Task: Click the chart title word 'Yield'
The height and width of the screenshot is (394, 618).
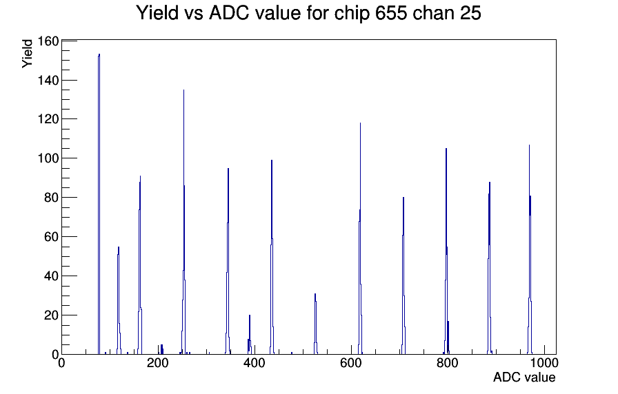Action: click(x=158, y=12)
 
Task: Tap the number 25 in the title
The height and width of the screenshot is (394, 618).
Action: click(x=470, y=12)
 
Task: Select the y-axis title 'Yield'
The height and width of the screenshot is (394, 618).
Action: click(x=27, y=54)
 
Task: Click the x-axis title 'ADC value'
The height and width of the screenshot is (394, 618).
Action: click(x=524, y=377)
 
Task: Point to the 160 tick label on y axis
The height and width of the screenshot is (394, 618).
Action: click(x=48, y=41)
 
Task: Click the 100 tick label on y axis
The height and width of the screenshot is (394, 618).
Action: click(x=48, y=158)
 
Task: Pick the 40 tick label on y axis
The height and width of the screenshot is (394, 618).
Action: click(x=51, y=276)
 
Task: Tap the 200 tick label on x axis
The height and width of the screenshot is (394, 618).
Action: click(x=158, y=362)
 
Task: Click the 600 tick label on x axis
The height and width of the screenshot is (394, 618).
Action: click(x=351, y=362)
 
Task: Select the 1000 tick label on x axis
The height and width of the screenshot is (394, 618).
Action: click(x=544, y=362)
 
